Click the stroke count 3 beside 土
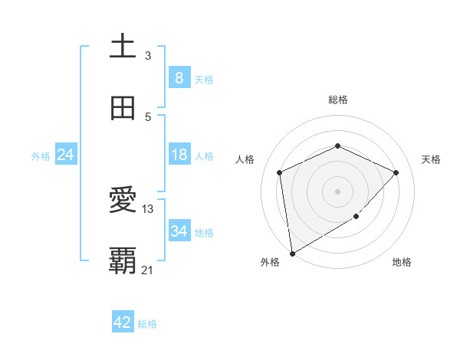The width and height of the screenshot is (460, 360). [148, 55]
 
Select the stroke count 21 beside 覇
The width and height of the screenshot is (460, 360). [148, 270]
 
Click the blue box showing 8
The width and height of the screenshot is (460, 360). [179, 78]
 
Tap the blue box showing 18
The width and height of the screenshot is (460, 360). [179, 155]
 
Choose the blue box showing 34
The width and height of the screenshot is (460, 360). [179, 231]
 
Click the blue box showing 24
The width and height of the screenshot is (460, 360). [65, 155]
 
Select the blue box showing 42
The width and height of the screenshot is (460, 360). [123, 322]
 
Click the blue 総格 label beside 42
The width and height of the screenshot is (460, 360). [147, 324]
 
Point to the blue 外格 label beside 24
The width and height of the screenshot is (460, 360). [41, 156]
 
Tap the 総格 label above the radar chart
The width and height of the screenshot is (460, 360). [337, 100]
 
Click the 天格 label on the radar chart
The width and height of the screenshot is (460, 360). [431, 159]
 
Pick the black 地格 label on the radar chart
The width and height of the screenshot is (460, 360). [402, 263]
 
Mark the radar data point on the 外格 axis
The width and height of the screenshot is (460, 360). [291, 253]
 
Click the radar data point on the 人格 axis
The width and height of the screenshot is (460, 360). [280, 172]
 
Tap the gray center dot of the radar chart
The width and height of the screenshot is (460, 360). [337, 191]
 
